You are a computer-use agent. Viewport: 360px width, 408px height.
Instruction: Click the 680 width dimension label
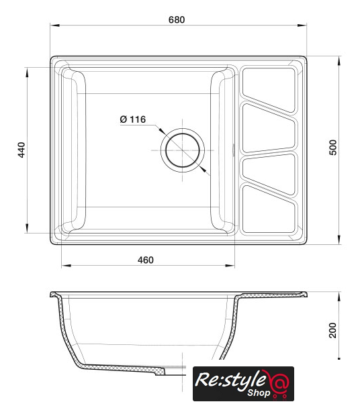click(x=177, y=19)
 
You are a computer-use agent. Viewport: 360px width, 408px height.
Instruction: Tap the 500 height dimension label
click(x=333, y=148)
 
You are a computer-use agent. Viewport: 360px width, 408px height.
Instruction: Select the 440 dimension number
click(x=21, y=150)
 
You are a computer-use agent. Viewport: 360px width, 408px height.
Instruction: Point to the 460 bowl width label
click(x=146, y=260)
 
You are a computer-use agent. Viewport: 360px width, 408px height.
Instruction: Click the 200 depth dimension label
click(x=332, y=330)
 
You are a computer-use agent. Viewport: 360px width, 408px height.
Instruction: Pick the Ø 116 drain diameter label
click(x=133, y=119)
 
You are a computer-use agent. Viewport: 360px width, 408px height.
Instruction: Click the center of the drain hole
click(x=182, y=150)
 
